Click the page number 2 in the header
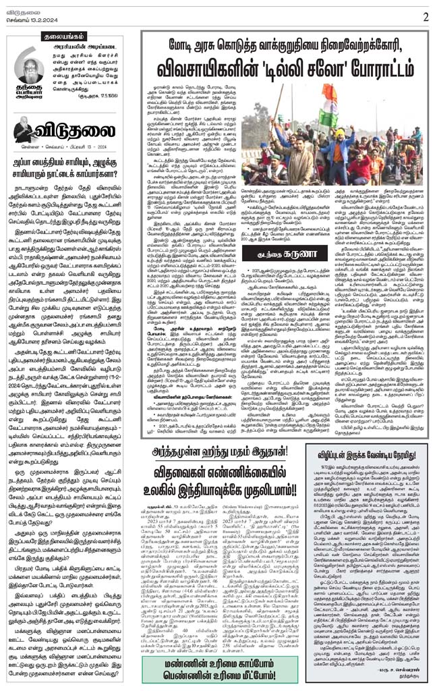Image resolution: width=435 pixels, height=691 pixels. (x=426, y=16)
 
